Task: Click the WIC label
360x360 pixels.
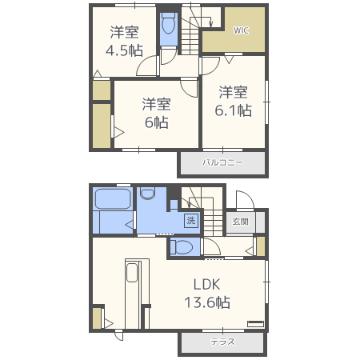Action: coord(241,30)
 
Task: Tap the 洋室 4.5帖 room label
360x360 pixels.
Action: coord(125,41)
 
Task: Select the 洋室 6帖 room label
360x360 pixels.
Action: coord(157,114)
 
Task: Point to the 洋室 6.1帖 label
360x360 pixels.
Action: coord(234,102)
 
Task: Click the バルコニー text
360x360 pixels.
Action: coord(222,162)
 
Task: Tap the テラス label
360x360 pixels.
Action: coord(222,342)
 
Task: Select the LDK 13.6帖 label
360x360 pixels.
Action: coord(207,294)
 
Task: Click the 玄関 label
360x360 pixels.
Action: coord(240,222)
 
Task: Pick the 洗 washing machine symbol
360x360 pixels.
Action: coord(191,221)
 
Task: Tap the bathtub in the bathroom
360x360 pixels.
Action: coord(113,199)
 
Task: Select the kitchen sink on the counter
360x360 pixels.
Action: coord(132,272)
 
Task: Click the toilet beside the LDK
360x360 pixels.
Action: coord(182,247)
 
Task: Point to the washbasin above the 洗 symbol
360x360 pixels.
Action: coord(147,193)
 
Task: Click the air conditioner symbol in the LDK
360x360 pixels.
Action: coord(255,324)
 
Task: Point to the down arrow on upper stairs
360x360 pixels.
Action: coord(210,23)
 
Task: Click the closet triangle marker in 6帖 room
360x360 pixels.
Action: coord(119,132)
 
